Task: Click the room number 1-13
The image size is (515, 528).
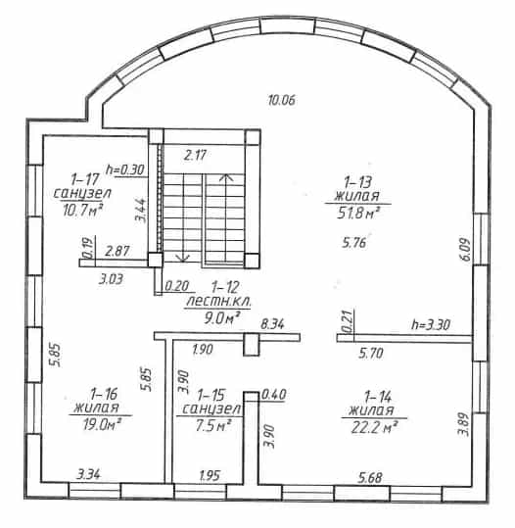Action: point(357,182)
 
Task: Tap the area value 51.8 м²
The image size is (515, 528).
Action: point(358,213)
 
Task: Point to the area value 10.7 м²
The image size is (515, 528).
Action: point(83,210)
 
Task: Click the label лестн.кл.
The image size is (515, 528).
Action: point(218,301)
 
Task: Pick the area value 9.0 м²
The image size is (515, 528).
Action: point(222,317)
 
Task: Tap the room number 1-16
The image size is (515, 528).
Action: point(104,394)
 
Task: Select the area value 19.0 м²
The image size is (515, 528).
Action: point(102,424)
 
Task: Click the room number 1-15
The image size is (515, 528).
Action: point(211,396)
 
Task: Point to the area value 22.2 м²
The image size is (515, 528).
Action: point(374,428)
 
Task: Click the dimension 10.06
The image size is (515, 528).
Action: point(282,100)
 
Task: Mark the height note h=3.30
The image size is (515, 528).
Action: point(431,325)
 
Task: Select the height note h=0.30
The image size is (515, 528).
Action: point(125,169)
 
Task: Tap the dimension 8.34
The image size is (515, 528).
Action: point(272,324)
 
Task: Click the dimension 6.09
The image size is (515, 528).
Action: point(465,249)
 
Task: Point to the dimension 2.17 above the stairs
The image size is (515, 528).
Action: point(195,155)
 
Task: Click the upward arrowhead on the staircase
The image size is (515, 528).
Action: point(227,177)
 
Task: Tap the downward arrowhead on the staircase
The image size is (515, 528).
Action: point(183,258)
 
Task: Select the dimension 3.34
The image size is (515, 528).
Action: point(88,475)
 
